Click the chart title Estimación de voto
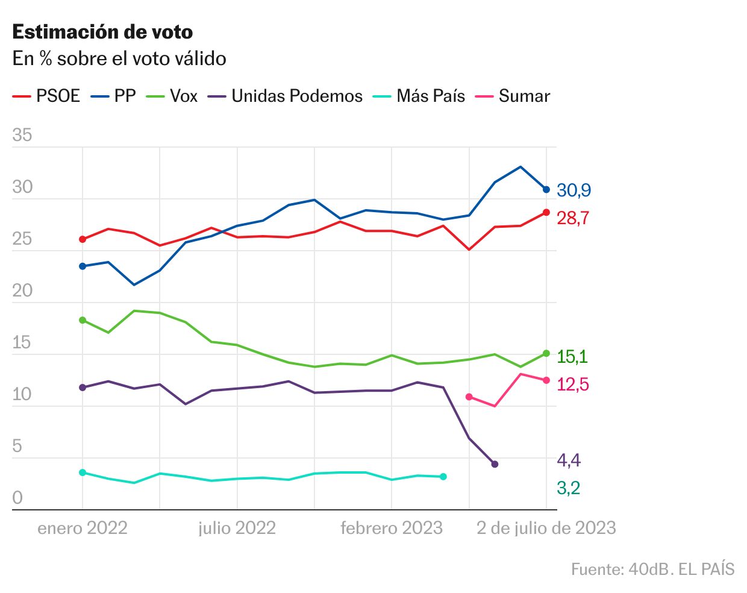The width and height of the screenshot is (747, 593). [102, 32]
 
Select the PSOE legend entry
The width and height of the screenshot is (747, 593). [47, 96]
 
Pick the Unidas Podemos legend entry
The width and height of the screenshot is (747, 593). [286, 96]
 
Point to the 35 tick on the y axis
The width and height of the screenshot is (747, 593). [22, 135]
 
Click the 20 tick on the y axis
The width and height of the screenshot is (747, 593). [22, 290]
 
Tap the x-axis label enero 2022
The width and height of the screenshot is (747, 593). [83, 529]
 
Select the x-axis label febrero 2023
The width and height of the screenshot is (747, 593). [392, 529]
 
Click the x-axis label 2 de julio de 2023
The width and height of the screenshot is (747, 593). [546, 529]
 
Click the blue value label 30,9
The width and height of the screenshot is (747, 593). [574, 190]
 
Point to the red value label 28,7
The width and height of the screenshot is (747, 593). [573, 218]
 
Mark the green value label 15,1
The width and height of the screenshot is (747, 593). [572, 357]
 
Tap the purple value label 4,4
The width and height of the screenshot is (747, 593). [569, 461]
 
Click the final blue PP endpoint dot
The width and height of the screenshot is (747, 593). [546, 189]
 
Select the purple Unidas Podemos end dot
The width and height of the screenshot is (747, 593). [495, 464]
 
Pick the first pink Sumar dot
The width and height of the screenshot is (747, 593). [469, 397]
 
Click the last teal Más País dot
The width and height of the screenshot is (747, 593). [443, 477]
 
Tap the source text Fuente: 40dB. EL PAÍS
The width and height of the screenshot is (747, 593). [652, 569]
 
